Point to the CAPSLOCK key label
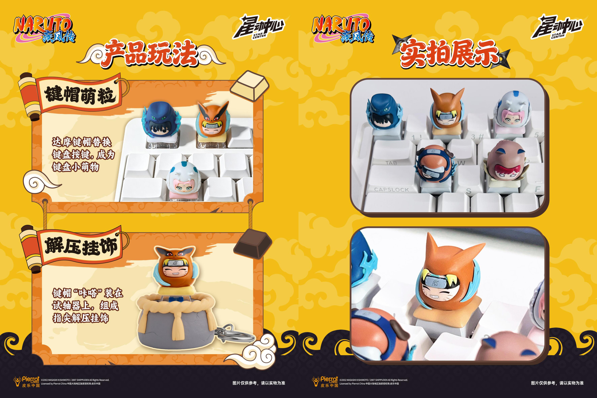pos(391,190)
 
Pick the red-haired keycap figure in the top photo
pos(506,165)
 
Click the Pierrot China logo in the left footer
pos(27,382)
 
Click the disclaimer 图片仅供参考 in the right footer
pos(557,383)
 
